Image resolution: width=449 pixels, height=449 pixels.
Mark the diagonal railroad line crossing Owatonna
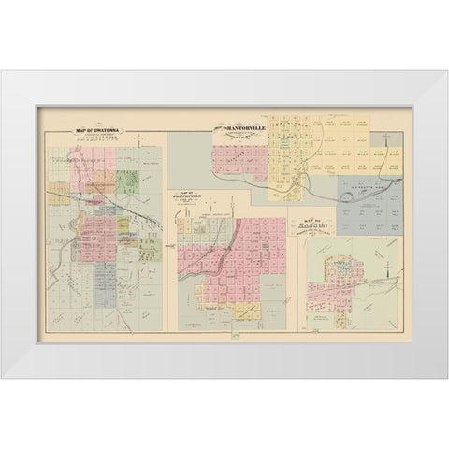point(122,201)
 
